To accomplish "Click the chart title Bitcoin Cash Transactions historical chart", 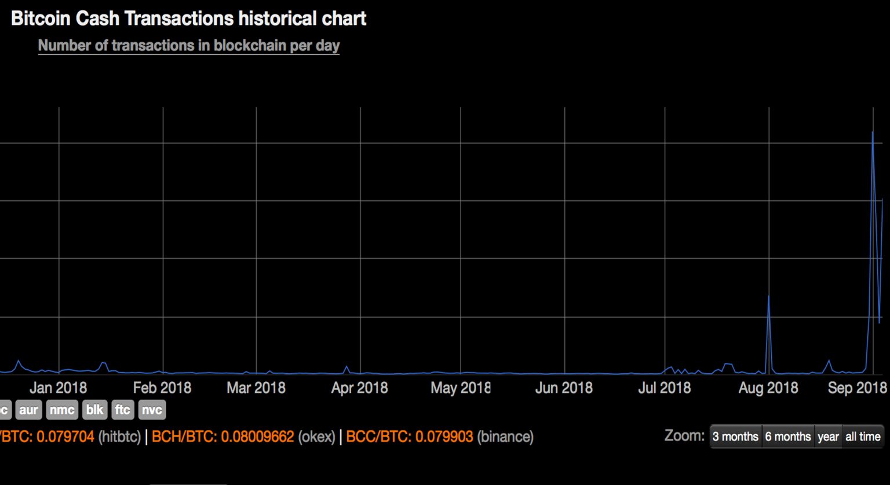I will (188, 19).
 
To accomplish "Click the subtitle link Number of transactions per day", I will (188, 46).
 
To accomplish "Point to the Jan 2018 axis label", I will (58, 388).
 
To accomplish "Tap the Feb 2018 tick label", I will (162, 388).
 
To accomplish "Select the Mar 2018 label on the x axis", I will (256, 388).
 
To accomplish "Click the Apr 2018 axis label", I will (359, 388).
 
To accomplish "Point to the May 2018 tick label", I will (460, 388).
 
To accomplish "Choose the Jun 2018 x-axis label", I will (564, 388).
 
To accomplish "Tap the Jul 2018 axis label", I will (664, 388).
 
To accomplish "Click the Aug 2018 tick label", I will (768, 388).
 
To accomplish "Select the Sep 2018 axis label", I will (857, 388).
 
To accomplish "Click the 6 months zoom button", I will (788, 437).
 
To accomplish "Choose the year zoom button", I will (828, 437).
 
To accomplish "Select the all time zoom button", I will (863, 437).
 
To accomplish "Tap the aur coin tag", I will (28, 410).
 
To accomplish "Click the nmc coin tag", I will (61, 410).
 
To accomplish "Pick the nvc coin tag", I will (152, 410).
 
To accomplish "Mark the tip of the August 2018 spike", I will (768, 296).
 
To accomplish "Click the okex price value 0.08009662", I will (257, 437).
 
